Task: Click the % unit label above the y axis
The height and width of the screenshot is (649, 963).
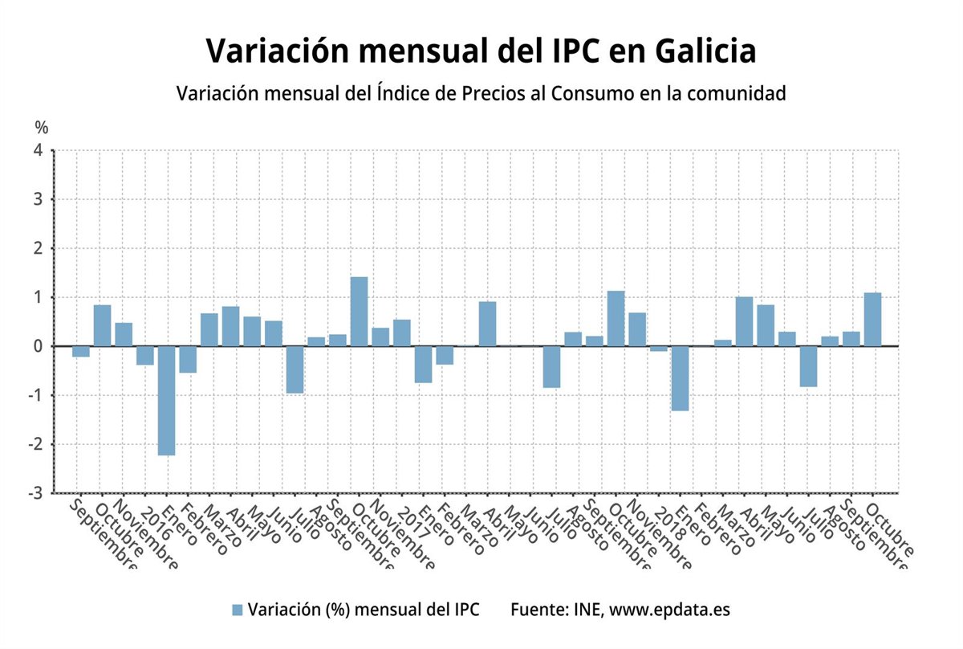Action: (41, 127)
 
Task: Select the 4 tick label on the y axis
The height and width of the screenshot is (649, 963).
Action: (37, 150)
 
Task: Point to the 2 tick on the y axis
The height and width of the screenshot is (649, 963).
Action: (37, 248)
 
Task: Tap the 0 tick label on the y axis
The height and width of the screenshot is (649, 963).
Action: (37, 346)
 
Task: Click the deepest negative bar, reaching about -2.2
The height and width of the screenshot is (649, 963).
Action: (166, 400)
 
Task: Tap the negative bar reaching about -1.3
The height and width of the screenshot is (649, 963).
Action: (680, 378)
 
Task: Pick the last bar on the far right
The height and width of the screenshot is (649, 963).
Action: (872, 320)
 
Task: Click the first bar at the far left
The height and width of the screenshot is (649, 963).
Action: (80, 351)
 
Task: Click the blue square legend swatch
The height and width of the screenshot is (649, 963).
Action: (237, 610)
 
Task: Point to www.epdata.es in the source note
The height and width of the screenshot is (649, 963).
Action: (669, 610)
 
